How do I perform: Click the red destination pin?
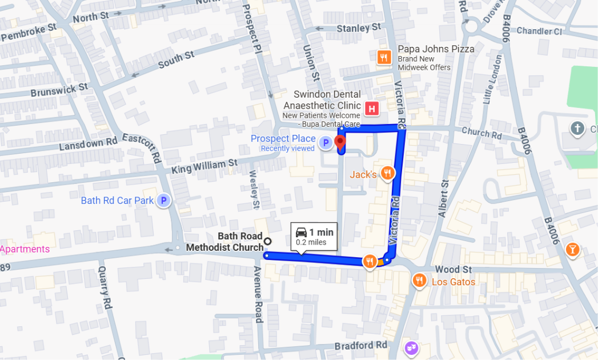pyautogui.click(x=340, y=141)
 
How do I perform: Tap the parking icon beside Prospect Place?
pyautogui.click(x=326, y=143)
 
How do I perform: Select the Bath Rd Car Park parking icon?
pyautogui.click(x=164, y=201)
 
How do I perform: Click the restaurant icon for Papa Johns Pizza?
pyautogui.click(x=384, y=57)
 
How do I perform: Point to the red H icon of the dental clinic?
pyautogui.click(x=372, y=107)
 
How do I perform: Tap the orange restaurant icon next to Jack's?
pyautogui.click(x=388, y=174)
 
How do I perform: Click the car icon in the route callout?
pyautogui.click(x=301, y=233)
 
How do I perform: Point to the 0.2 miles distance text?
pyautogui.click(x=311, y=243)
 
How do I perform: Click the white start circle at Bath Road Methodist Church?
pyautogui.click(x=267, y=241)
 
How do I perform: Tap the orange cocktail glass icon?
pyautogui.click(x=572, y=249)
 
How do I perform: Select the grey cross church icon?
pyautogui.click(x=577, y=128)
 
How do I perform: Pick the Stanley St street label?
pyautogui.click(x=358, y=27)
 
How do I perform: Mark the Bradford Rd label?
pyautogui.click(x=360, y=345)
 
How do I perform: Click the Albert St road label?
pyautogui.click(x=442, y=198)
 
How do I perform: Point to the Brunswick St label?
pyautogui.click(x=59, y=90)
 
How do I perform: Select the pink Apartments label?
pyautogui.click(x=25, y=249)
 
